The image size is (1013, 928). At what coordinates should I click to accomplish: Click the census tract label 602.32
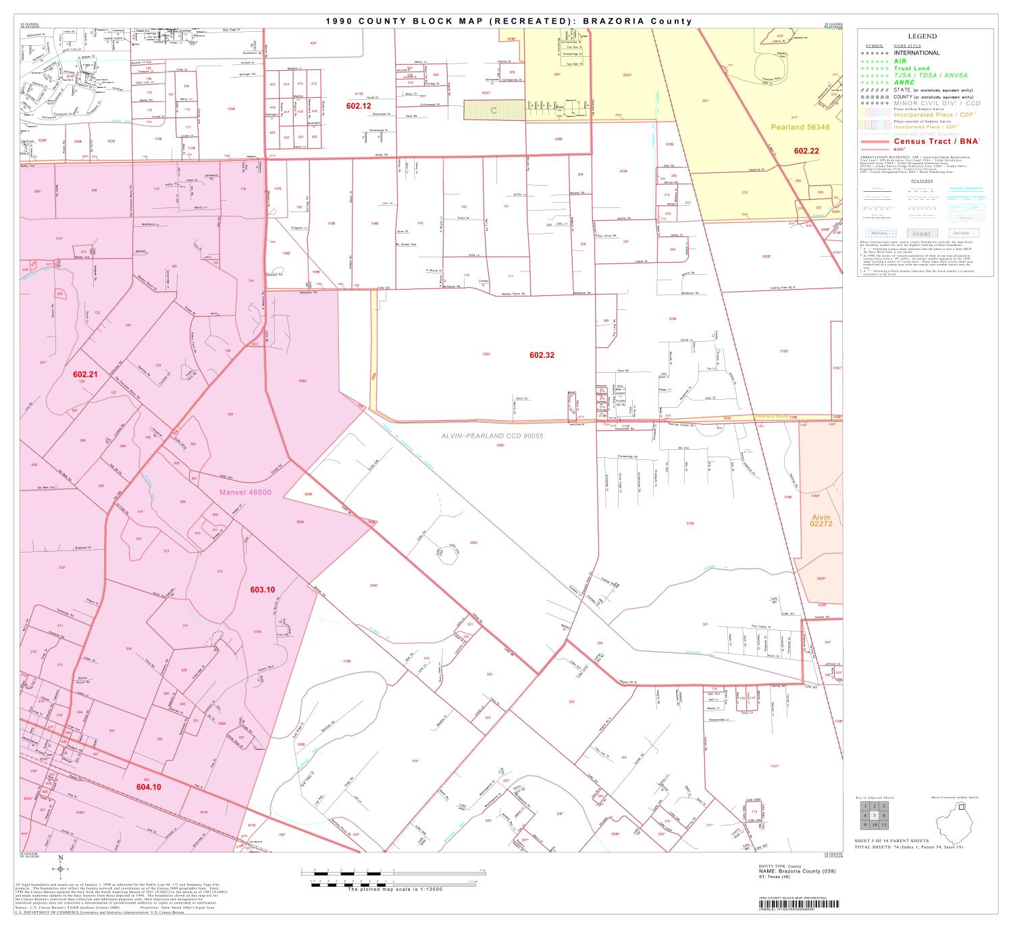click(x=542, y=355)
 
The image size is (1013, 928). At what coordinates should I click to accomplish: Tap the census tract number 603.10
click(x=262, y=590)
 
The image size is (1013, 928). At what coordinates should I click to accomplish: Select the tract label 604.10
click(x=149, y=786)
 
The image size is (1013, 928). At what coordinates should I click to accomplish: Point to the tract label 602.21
click(x=86, y=373)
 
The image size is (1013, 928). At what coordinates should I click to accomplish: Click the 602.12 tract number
click(x=359, y=106)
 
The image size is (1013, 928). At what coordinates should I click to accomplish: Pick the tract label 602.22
click(x=806, y=151)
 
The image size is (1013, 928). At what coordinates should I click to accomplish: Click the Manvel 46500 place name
click(x=245, y=492)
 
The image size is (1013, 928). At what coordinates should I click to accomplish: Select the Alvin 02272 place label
click(x=821, y=522)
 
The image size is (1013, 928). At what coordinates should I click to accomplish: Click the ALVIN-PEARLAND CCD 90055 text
click(x=492, y=436)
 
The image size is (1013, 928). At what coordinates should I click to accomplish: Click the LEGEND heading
click(x=922, y=36)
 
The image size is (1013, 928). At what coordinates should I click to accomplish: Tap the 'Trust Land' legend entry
click(x=912, y=68)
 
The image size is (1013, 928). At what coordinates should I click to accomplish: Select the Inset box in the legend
click(x=923, y=233)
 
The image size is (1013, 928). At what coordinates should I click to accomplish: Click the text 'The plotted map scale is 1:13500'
click(x=394, y=890)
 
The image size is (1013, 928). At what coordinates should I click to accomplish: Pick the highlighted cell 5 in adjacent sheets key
click(x=873, y=815)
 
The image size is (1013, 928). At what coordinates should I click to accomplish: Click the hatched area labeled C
click(x=494, y=110)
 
